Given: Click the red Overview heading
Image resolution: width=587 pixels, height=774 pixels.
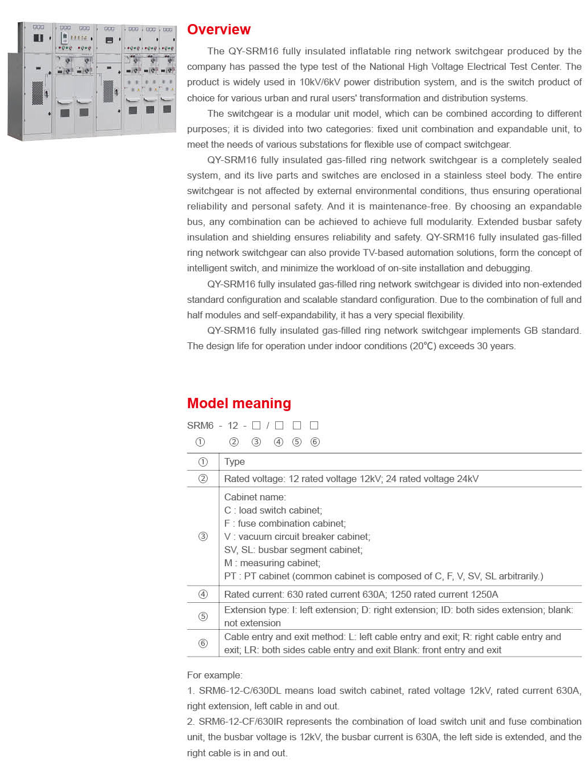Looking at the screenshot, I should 219,30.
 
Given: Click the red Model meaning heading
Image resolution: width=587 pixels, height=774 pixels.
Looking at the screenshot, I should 239,404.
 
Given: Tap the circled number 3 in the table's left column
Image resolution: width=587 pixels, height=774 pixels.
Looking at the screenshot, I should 203,536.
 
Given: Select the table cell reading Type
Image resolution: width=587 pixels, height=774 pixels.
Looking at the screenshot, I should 235,461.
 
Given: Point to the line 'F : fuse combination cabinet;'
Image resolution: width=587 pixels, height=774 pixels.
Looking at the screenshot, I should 285,523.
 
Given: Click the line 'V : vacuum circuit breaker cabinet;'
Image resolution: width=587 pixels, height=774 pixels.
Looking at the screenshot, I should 297,536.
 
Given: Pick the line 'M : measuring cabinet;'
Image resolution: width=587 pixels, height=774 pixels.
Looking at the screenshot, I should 272,563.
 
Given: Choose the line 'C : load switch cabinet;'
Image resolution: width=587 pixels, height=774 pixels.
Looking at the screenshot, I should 273,510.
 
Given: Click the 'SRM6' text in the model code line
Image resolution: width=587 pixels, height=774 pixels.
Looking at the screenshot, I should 200,425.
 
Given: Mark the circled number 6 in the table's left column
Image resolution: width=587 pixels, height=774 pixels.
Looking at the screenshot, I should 203,643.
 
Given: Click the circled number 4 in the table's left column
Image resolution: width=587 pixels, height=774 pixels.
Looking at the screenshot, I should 203,594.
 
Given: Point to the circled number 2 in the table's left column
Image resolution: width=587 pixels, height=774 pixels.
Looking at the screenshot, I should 203,479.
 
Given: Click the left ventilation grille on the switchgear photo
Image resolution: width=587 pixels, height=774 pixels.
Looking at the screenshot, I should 37,93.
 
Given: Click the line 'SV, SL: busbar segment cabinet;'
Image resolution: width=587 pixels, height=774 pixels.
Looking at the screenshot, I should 293,550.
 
